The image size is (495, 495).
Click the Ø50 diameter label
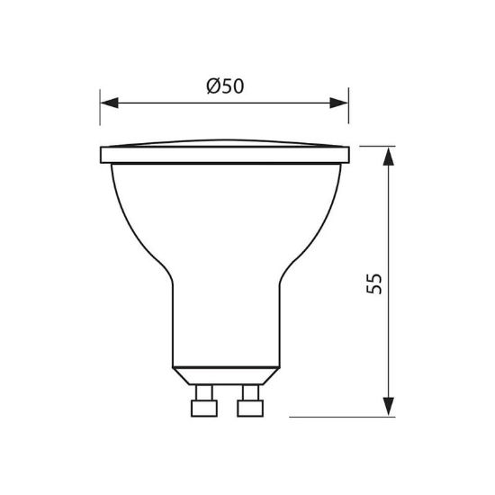[x=225, y=86]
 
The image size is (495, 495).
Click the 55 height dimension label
[x=374, y=283]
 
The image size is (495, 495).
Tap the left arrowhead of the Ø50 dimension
[x=109, y=103]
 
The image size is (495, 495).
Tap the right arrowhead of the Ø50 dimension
[x=338, y=103]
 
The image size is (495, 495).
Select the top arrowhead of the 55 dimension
[x=388, y=157]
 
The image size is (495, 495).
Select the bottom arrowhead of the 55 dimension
[x=388, y=407]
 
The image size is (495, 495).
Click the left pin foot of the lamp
[x=204, y=409]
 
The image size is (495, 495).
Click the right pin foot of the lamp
[x=250, y=409]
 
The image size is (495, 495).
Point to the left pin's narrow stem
[x=204, y=392]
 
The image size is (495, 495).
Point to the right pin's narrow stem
[x=251, y=392]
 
